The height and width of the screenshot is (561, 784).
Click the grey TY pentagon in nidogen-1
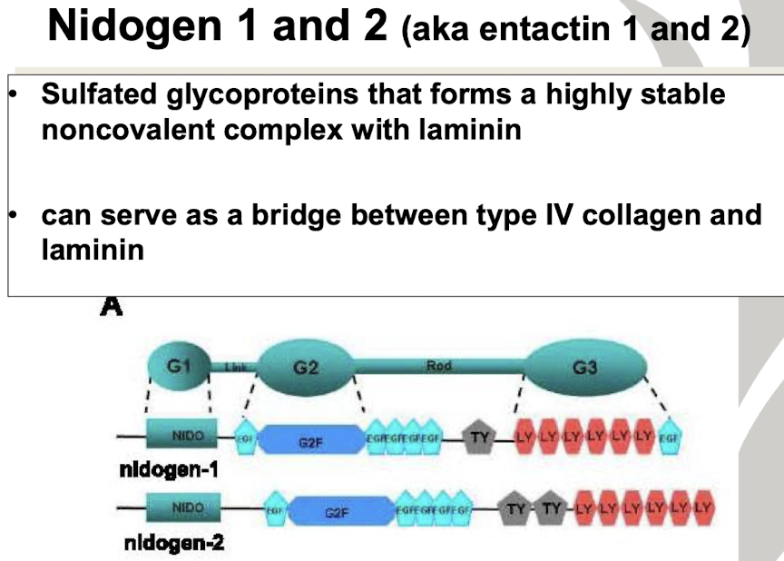tap(477, 439)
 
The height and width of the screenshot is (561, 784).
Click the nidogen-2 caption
tap(172, 544)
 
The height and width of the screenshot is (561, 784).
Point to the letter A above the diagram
tap(112, 308)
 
